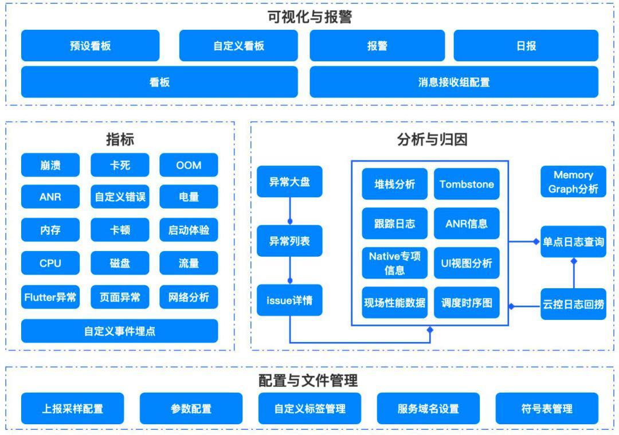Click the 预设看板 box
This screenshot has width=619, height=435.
(90, 46)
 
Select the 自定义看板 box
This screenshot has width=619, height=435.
(238, 46)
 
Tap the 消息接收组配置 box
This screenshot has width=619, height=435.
(453, 82)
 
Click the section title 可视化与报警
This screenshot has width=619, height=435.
(309, 17)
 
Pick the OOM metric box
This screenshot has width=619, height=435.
(189, 165)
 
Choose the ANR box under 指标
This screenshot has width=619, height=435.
(50, 197)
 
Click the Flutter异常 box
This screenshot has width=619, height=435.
(50, 297)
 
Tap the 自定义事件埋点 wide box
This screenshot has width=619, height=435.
(119, 331)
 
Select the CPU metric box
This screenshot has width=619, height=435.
(50, 264)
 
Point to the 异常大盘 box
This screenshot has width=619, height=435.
(289, 182)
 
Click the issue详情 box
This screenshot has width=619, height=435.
(289, 300)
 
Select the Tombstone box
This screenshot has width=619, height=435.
(467, 184)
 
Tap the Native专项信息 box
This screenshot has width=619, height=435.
(394, 263)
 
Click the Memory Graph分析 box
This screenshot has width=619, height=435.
(573, 182)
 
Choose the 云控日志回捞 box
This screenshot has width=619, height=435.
(573, 304)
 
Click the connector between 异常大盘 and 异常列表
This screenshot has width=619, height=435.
(289, 211)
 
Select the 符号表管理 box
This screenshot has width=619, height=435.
(546, 409)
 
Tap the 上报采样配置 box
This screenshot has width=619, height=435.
(72, 409)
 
